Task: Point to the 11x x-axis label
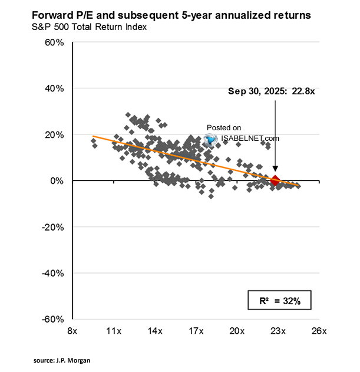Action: pos(113,331)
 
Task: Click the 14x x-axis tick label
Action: pos(154,331)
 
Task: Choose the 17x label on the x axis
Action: pos(196,331)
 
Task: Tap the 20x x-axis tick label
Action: pos(237,331)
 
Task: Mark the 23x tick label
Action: pos(278,331)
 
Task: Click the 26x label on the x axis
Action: pos(319,331)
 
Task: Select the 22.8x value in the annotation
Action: pos(302,91)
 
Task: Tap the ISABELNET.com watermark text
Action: pos(250,139)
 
